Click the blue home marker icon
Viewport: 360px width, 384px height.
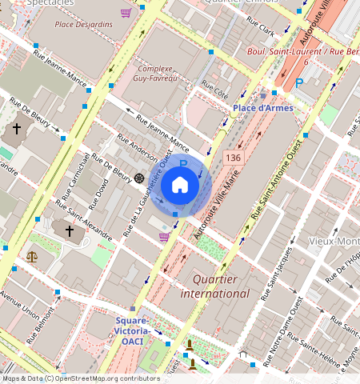[x=180, y=186]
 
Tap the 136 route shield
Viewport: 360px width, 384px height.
[x=233, y=158]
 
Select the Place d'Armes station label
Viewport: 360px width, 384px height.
[x=262, y=107]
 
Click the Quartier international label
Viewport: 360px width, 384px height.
[x=221, y=286]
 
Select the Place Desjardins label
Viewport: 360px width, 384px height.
[x=83, y=24]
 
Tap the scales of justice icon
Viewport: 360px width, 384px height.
[x=32, y=257]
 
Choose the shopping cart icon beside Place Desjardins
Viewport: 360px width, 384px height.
[x=126, y=13]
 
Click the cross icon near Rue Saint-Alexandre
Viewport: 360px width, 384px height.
[x=70, y=231]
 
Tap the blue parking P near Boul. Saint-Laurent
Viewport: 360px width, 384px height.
[x=299, y=82]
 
